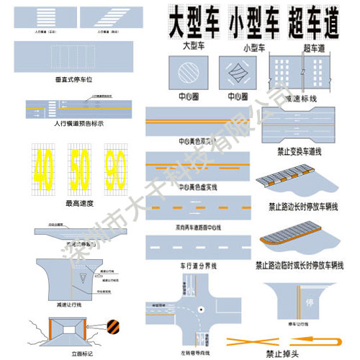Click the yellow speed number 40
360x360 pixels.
tap(44, 168)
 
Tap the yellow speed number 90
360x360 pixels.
tap(117, 168)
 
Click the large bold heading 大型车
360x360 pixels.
tap(193, 24)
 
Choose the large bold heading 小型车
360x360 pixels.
tap(253, 24)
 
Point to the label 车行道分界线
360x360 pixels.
tap(197, 266)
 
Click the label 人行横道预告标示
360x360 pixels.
tap(80, 124)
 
